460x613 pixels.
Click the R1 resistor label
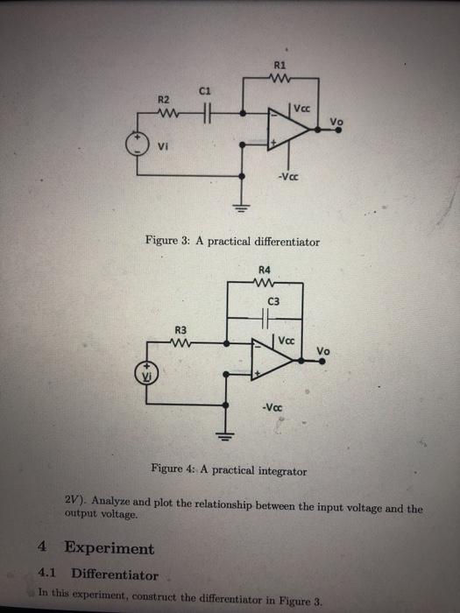(280, 65)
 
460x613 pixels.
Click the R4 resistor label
(265, 271)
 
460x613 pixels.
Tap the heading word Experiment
(110, 549)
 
